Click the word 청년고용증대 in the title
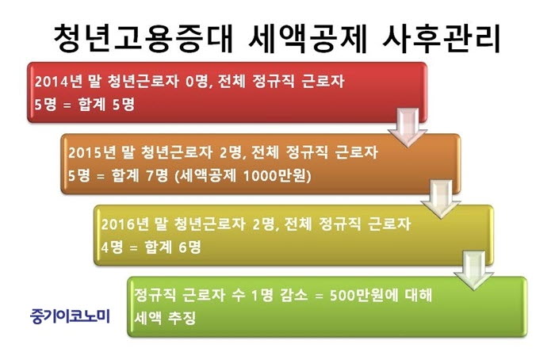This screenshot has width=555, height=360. tap(143, 38)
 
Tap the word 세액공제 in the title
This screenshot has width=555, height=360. tap(307, 38)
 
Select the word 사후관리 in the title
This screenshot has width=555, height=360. tap(442, 38)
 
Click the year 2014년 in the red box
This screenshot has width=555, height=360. tap(58, 82)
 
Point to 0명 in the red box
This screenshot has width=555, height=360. tap(196, 82)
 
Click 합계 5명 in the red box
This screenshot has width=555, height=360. tap(106, 105)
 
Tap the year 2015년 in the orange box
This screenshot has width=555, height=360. tap(92, 152)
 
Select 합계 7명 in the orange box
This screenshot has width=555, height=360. tap(140, 175)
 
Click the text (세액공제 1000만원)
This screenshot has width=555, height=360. tap(243, 175)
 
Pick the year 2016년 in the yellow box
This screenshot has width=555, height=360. tap(125, 224)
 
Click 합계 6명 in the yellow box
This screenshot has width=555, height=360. tap(173, 247)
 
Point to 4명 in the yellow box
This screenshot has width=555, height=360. tap(112, 247)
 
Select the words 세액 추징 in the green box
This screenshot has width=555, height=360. tap(165, 318)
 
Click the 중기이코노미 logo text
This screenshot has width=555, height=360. tap(70, 316)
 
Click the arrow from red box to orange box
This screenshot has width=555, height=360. tap(408, 128)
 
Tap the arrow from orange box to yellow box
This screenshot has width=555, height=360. tap(441, 199)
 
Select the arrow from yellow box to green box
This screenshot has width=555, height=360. tap(474, 270)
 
